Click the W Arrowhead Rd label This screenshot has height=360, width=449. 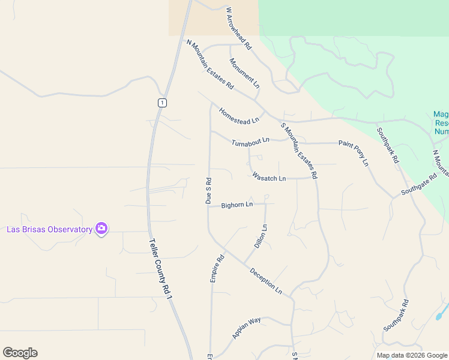238,28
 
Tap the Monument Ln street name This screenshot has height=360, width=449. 244,74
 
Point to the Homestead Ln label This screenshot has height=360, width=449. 239,115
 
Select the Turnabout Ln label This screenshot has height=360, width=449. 250,142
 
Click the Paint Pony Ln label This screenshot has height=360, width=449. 353,152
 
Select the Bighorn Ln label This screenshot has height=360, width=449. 237,205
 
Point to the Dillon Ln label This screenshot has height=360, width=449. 261,237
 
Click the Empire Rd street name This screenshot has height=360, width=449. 217,268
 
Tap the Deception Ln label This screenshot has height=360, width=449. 266,280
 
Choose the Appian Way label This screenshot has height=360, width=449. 247,328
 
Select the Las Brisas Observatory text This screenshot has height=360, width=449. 49,229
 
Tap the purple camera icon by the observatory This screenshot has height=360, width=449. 101,229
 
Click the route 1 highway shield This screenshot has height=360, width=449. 162,103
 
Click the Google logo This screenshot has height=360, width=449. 20,353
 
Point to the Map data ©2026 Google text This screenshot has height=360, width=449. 411,355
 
